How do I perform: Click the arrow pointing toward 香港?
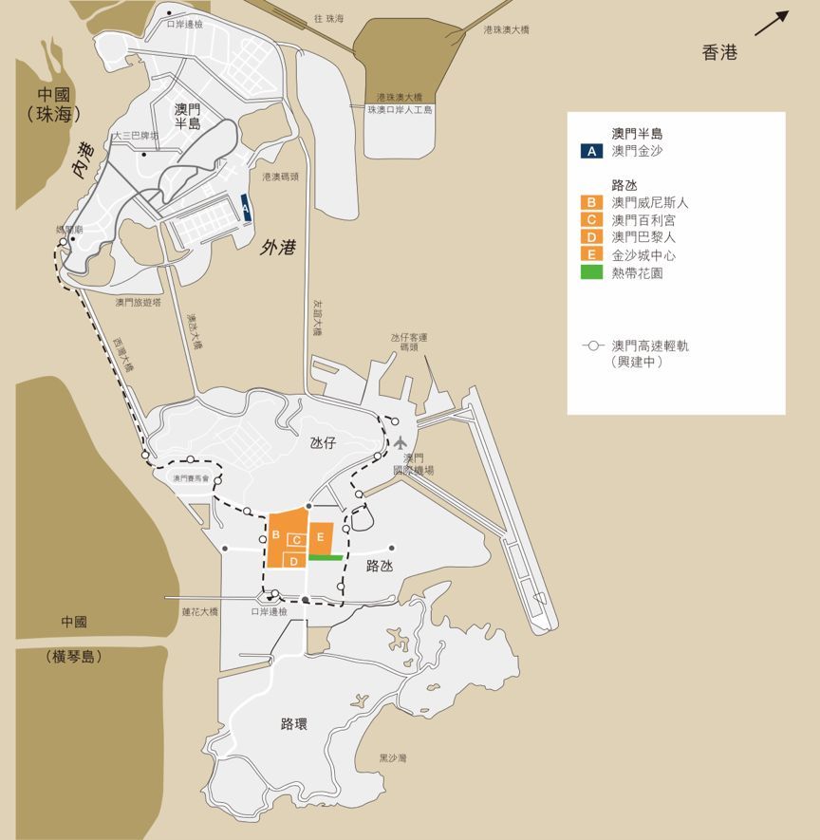[772, 23]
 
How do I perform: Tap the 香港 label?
[719, 53]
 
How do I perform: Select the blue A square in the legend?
[591, 150]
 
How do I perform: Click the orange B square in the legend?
[591, 202]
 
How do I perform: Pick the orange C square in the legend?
[591, 219]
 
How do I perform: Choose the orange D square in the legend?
[591, 237]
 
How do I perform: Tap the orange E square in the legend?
[591, 254]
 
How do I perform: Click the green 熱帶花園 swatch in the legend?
[591, 272]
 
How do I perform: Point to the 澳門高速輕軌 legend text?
[650, 346]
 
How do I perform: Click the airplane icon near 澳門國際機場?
[402, 442]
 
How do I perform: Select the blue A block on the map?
[246, 208]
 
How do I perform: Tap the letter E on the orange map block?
[321, 537]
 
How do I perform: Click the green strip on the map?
[325, 557]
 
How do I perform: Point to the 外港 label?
[277, 249]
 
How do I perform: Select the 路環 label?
[294, 724]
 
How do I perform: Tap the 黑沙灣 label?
[393, 758]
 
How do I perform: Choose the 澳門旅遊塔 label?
[139, 303]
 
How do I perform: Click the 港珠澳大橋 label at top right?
[506, 30]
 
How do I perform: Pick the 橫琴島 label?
[73, 657]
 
